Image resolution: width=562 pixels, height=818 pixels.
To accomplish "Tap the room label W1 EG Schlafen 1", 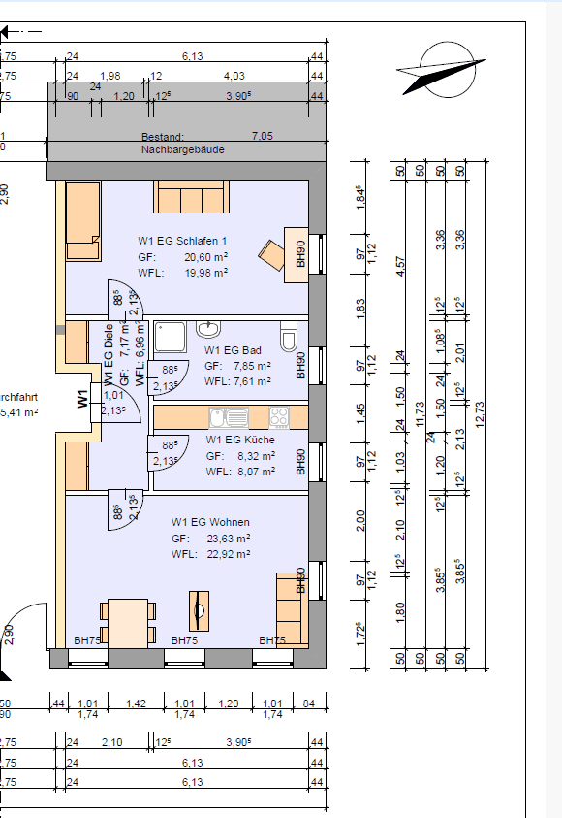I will (182, 240).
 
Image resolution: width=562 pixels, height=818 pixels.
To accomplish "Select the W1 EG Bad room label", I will (233, 351).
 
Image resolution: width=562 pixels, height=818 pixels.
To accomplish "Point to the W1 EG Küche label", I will (239, 440).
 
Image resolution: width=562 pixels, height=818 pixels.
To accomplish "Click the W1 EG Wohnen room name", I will (211, 522).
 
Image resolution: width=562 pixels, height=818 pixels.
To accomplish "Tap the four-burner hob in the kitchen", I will (279, 417).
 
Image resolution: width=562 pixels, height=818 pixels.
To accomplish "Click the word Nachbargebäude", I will (181, 150).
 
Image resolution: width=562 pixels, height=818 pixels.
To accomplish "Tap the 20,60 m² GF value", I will (205, 257).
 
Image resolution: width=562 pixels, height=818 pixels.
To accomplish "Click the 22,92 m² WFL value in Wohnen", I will (229, 553).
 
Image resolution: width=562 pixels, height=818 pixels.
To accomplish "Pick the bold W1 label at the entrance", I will (83, 397).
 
